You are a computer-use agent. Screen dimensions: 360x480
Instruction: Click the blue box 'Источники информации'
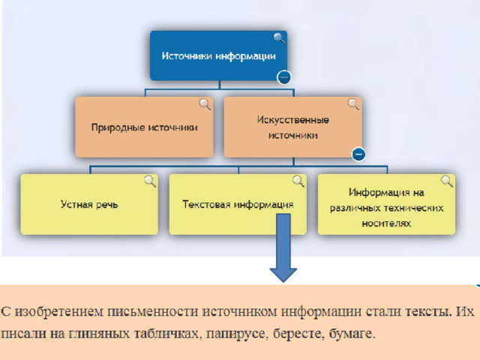coord(217,55)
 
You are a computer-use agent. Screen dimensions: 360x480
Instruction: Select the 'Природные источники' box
coord(144,127)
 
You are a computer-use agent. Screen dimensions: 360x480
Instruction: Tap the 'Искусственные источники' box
coord(292,127)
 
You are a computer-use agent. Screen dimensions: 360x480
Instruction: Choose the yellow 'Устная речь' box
coord(89,204)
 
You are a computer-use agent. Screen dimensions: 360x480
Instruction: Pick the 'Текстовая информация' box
coord(238,204)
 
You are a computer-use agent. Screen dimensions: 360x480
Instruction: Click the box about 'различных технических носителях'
coord(386,204)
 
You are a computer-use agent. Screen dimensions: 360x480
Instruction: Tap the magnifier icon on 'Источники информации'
coord(279,38)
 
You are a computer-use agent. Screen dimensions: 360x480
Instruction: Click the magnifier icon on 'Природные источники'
coord(205,103)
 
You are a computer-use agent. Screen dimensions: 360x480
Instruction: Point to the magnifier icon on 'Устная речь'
coord(150,181)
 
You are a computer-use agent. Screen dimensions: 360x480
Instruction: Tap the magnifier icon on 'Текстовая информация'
coord(298,181)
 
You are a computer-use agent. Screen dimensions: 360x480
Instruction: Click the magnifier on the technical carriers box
coord(447,181)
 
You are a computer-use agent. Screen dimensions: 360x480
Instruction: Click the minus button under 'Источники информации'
coord(283,76)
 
